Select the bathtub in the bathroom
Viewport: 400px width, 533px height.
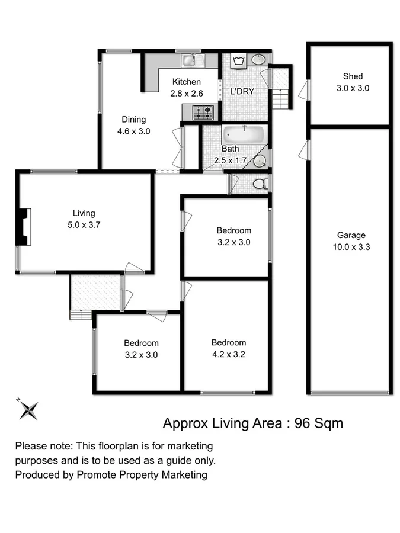coord(244,134)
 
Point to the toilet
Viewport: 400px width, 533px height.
coord(260,184)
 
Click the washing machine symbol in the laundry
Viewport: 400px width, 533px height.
coord(239,61)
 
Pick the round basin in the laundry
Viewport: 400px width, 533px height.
coord(259,60)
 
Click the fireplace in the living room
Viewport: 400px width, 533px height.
coord(23,227)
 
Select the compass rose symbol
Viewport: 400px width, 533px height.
coord(27,409)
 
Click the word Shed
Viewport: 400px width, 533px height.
coord(353,76)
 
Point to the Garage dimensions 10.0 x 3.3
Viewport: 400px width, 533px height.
coord(352,248)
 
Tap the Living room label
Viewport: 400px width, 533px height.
coord(84,213)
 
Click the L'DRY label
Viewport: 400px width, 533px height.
coord(242,92)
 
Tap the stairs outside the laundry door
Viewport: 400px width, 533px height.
coord(282,98)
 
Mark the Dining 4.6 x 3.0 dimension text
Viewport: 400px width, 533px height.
coord(133,131)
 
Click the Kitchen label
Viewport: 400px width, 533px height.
coord(187,82)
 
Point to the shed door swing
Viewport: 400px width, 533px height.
coord(304,90)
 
